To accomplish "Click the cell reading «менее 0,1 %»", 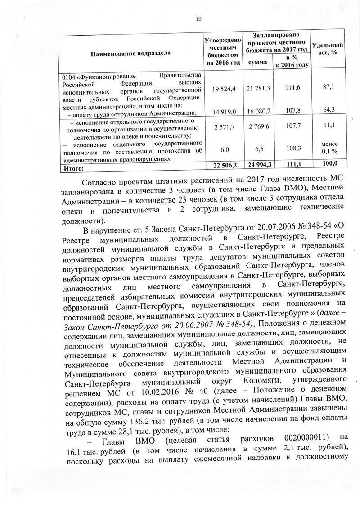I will [x=328, y=147].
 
